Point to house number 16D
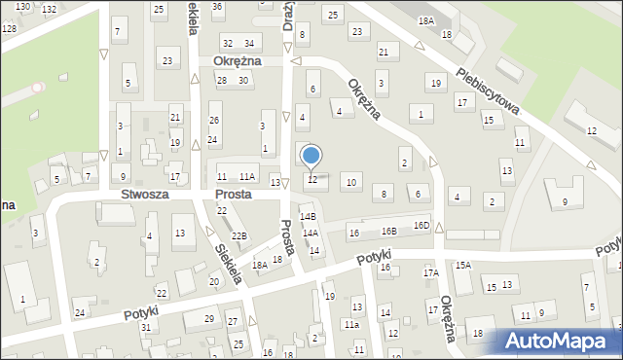tap(421, 226)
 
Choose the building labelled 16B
tap(389, 232)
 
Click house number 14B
tap(308, 216)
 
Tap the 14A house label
tap(310, 234)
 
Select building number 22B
tap(239, 236)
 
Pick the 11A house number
tap(247, 176)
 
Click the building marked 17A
tap(430, 273)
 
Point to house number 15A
tap(462, 265)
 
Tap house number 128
tap(9, 28)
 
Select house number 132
tap(49, 9)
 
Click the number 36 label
tap(217, 7)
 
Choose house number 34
tap(249, 43)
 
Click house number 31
tap(145, 327)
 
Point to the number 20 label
tap(213, 282)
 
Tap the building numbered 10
tap(351, 182)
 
